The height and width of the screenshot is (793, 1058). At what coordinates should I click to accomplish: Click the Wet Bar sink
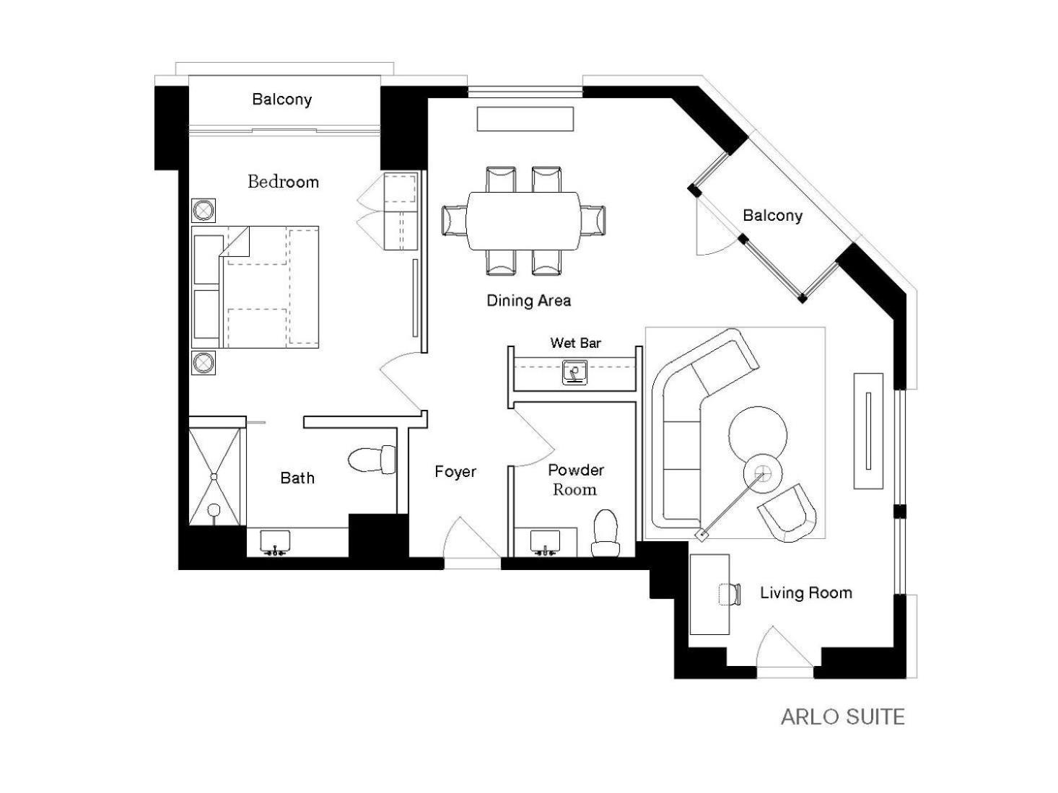click(574, 372)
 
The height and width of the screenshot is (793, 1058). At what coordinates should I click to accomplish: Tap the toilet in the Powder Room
click(605, 533)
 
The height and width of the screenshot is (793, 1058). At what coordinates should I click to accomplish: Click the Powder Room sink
click(545, 543)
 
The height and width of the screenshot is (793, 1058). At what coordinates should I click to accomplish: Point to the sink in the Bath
click(275, 543)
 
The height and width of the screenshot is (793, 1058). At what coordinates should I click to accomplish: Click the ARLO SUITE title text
click(842, 717)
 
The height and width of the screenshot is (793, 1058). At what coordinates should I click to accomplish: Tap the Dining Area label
click(529, 301)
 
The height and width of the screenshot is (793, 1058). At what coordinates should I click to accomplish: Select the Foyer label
click(455, 471)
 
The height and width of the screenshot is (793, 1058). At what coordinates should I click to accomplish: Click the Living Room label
click(806, 592)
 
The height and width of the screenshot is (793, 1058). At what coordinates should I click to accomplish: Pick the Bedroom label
click(284, 182)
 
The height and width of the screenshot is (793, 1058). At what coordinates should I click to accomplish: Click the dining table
click(523, 221)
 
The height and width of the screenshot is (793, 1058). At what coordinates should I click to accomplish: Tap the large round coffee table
click(758, 435)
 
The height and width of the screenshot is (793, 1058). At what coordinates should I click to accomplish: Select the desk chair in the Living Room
click(730, 594)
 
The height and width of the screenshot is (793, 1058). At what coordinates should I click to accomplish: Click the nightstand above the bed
click(204, 210)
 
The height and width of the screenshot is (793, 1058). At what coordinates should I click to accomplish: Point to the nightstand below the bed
click(204, 363)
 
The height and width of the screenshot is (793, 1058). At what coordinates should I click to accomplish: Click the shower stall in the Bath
click(214, 476)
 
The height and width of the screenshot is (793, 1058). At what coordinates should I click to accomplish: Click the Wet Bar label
click(575, 343)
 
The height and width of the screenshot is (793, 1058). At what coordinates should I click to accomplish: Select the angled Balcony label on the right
click(772, 215)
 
